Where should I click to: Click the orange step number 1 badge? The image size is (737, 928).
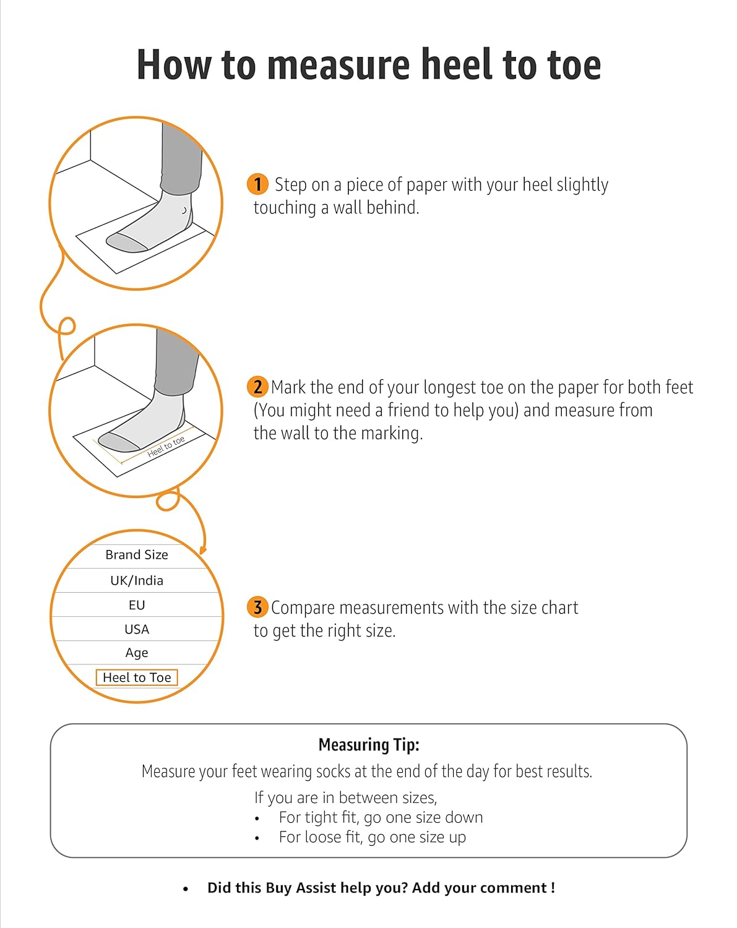(x=257, y=184)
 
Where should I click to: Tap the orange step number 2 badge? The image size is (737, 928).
(x=257, y=387)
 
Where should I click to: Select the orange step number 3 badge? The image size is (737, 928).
(x=257, y=607)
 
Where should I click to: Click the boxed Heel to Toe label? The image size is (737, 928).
(x=137, y=677)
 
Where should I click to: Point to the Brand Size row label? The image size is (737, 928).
(x=137, y=554)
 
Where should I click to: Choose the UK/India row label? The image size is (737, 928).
(x=137, y=580)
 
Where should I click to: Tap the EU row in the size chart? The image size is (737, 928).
(x=137, y=605)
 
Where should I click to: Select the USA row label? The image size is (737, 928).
(x=137, y=629)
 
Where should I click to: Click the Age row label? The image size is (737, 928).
(x=137, y=653)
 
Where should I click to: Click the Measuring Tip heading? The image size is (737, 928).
(x=369, y=745)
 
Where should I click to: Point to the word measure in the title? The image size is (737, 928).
(x=338, y=66)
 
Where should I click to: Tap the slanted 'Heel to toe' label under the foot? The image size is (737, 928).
(x=166, y=446)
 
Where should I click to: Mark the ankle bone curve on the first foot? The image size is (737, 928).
(x=184, y=210)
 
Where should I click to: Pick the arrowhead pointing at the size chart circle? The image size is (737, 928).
(x=203, y=550)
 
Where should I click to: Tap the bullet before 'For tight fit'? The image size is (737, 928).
(x=257, y=818)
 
